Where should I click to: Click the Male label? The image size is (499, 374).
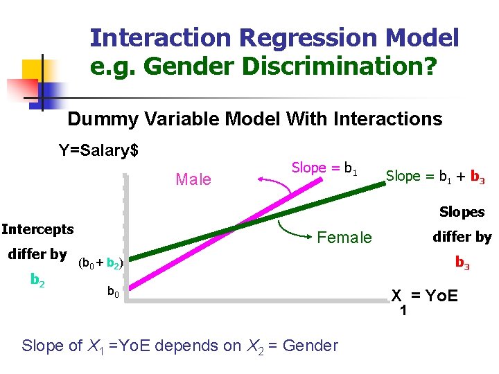pyautogui.click(x=193, y=180)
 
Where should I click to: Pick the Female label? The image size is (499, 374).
pyautogui.click(x=344, y=238)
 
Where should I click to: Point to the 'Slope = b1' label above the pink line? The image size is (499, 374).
pyautogui.click(x=324, y=168)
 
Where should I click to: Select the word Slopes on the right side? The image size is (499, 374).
pyautogui.click(x=462, y=212)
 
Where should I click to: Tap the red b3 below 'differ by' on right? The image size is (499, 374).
pyautogui.click(x=462, y=262)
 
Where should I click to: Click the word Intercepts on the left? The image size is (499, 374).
pyautogui.click(x=38, y=229)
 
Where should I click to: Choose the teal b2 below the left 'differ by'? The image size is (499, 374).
pyautogui.click(x=38, y=279)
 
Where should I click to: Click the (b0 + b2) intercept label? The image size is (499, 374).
pyautogui.click(x=101, y=263)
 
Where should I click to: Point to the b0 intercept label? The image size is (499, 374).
pyautogui.click(x=112, y=293)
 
